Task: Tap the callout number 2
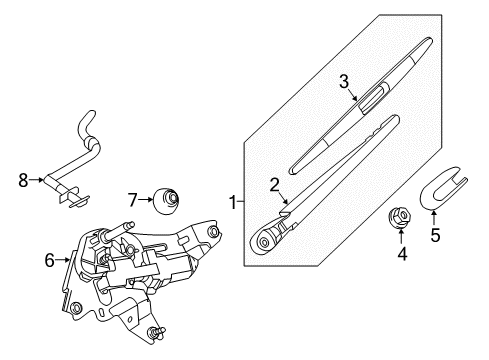(x=272, y=183)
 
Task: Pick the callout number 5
(x=434, y=237)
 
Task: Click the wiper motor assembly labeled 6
(x=140, y=270)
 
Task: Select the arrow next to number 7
(x=148, y=199)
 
